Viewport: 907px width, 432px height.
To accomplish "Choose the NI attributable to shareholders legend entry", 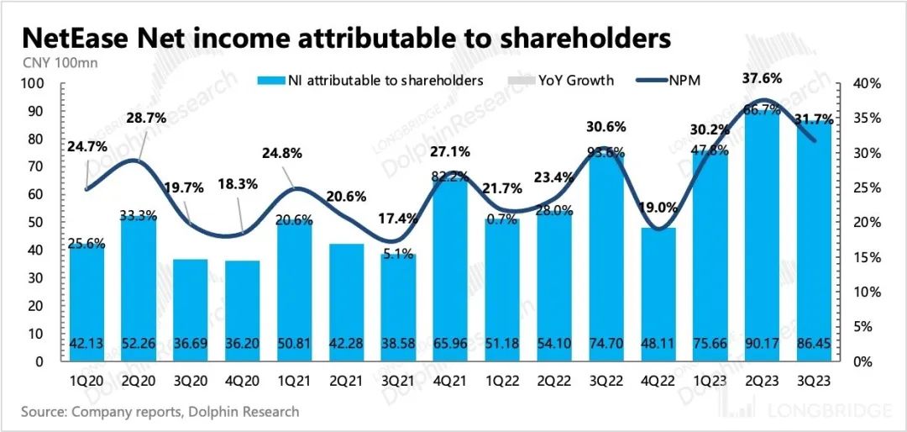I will [371, 81].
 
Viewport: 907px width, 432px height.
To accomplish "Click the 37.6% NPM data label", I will [762, 78].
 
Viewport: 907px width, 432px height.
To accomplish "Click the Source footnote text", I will [160, 412].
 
